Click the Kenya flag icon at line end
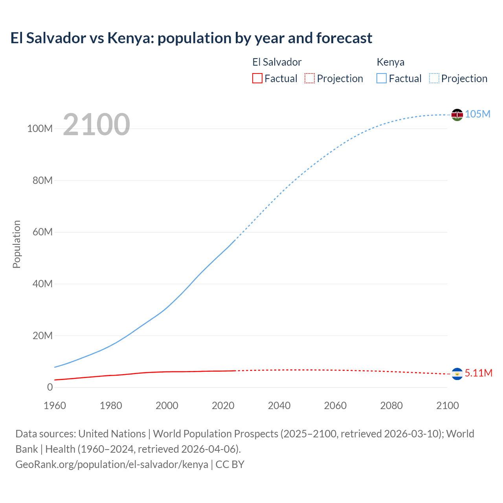click(457, 115)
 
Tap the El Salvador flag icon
click(457, 374)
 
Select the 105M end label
click(477, 114)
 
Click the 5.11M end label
click(478, 373)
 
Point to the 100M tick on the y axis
click(40, 129)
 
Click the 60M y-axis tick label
click(42, 232)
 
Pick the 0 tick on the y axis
click(50, 387)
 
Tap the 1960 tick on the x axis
click(55, 406)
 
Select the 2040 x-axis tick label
click(279, 406)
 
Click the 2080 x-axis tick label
click(391, 406)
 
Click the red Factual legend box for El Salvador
click(257, 78)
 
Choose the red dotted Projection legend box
click(310, 78)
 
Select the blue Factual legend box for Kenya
click(382, 78)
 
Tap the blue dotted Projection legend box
click(434, 78)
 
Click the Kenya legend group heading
click(390, 62)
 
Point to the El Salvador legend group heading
click(277, 62)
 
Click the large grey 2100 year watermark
click(96, 125)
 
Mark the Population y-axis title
click(17, 244)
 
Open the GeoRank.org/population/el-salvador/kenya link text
click(112, 464)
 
